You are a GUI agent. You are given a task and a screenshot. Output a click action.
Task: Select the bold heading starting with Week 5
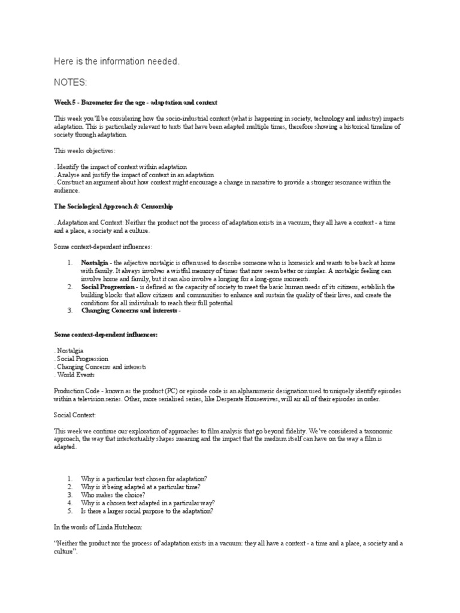coord(135,102)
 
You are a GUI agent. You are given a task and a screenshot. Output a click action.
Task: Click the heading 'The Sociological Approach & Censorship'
coord(113,206)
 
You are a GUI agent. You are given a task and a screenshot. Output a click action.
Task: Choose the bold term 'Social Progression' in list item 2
coord(108,287)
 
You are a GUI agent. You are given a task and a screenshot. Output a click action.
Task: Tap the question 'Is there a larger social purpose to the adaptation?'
coord(147,511)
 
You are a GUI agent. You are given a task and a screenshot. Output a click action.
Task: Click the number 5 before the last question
coord(69,511)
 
